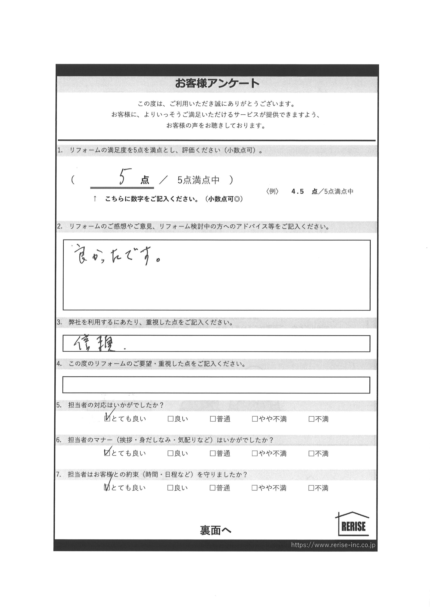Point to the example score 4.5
(297, 192)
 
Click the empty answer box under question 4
(216, 385)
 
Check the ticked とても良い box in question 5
(107, 419)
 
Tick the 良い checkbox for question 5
(170, 419)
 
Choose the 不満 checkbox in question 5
(311, 419)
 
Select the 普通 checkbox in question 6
(212, 454)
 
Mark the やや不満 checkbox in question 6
(255, 454)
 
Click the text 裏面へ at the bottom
(216, 530)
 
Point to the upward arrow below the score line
(95, 199)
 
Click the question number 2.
(59, 227)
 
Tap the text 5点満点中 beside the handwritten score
(198, 180)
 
